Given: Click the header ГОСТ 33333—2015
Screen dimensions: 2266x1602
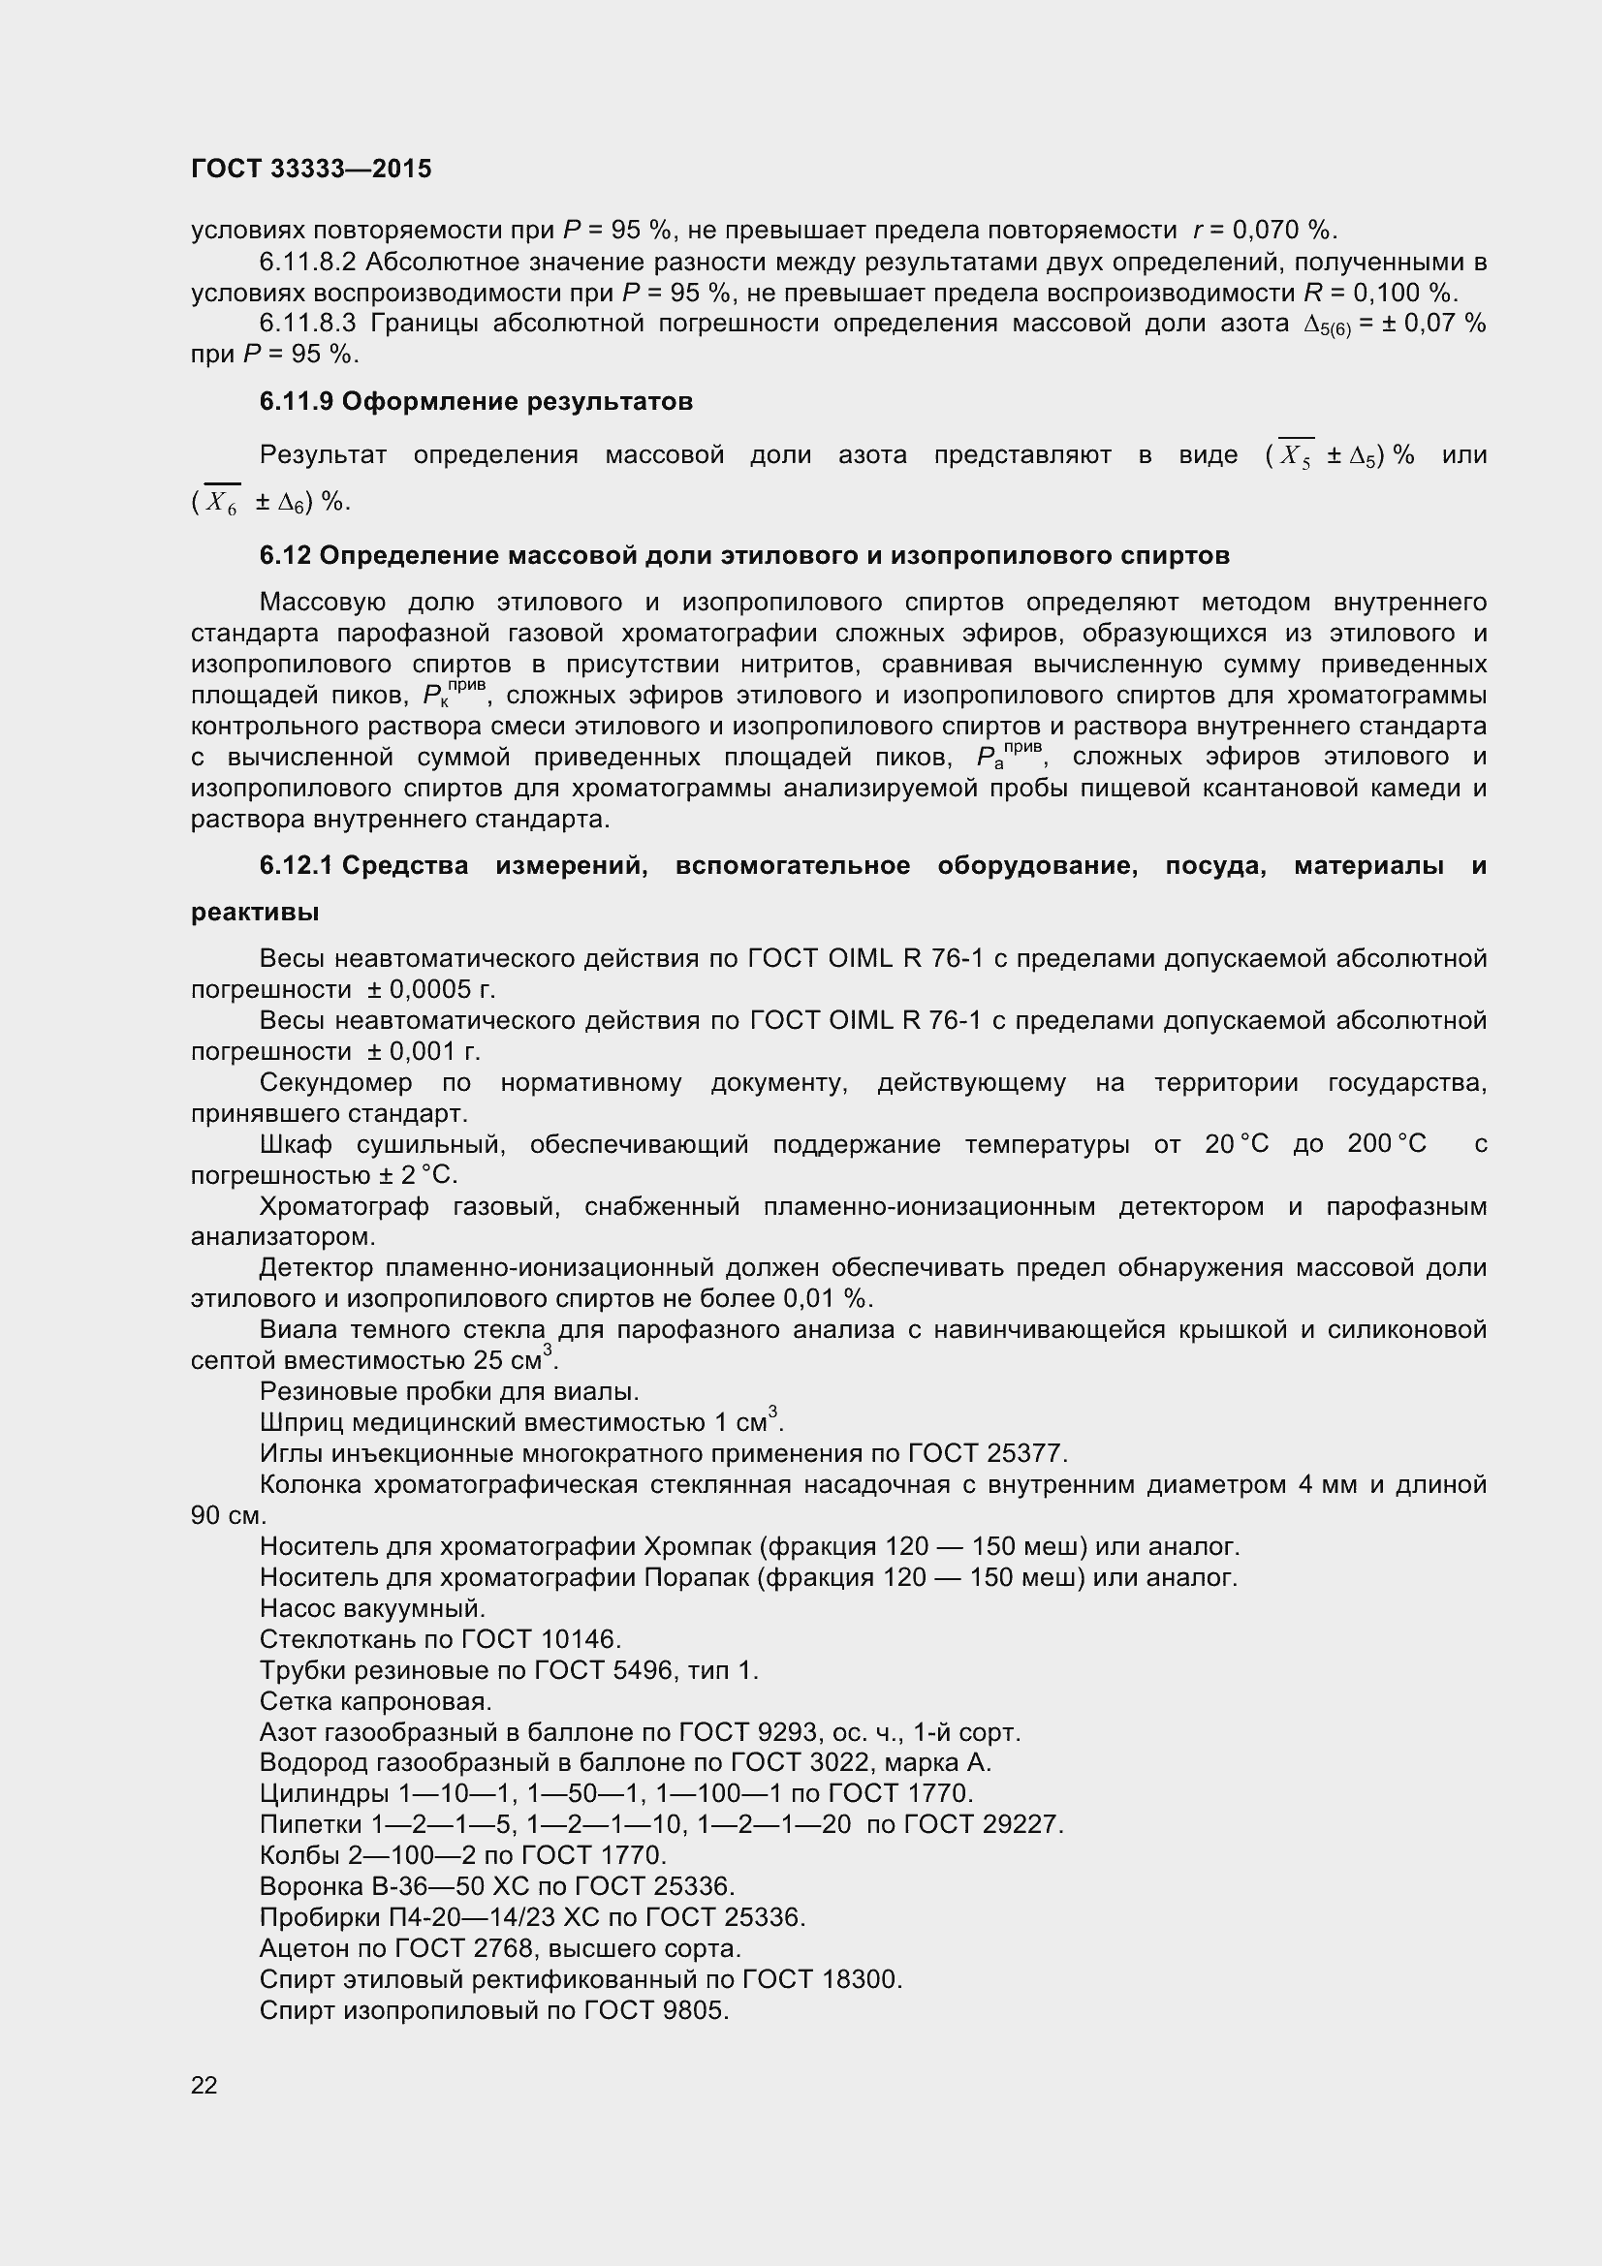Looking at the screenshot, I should tap(311, 169).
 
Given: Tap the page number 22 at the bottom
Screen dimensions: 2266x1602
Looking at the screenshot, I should tap(204, 2085).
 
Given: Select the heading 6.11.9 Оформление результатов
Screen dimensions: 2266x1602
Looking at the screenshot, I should tap(476, 402).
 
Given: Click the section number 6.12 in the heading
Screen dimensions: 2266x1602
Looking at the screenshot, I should tap(285, 556).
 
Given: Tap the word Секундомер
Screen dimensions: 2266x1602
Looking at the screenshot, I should tap(335, 1083).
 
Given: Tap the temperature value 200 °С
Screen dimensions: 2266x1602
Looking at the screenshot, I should tap(1386, 1145).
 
